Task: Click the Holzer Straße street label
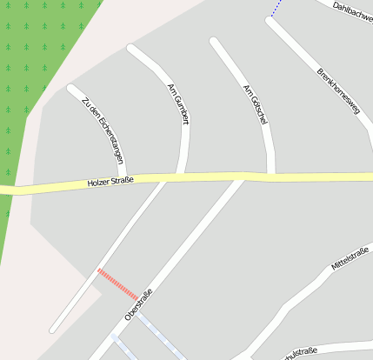click(110, 182)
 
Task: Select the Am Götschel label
click(253, 104)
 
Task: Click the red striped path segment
click(117, 284)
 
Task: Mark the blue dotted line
click(276, 9)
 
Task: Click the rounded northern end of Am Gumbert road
click(132, 49)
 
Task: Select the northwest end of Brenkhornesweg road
click(270, 21)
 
